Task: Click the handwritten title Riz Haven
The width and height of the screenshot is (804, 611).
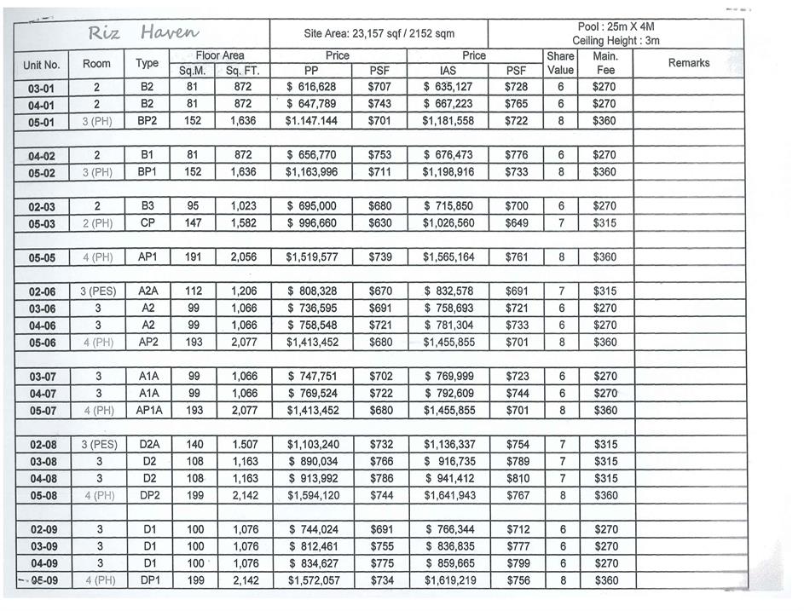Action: (x=143, y=33)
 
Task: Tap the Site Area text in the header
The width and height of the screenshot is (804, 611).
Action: (x=379, y=34)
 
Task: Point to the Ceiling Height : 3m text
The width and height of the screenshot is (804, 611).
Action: (x=616, y=41)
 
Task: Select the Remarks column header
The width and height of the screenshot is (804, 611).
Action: (x=688, y=63)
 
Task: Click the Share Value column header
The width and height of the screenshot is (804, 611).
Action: (x=560, y=63)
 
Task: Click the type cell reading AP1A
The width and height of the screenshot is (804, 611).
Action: (x=147, y=411)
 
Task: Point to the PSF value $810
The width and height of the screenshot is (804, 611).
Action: (x=517, y=479)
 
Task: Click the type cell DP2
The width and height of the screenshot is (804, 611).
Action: (x=147, y=496)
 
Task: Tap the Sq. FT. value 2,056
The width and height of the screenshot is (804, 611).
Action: (x=243, y=257)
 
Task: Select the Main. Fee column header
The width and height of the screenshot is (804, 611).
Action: (x=604, y=63)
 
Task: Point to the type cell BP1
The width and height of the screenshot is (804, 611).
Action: (x=147, y=172)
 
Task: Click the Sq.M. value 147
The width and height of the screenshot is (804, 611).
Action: (x=193, y=223)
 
